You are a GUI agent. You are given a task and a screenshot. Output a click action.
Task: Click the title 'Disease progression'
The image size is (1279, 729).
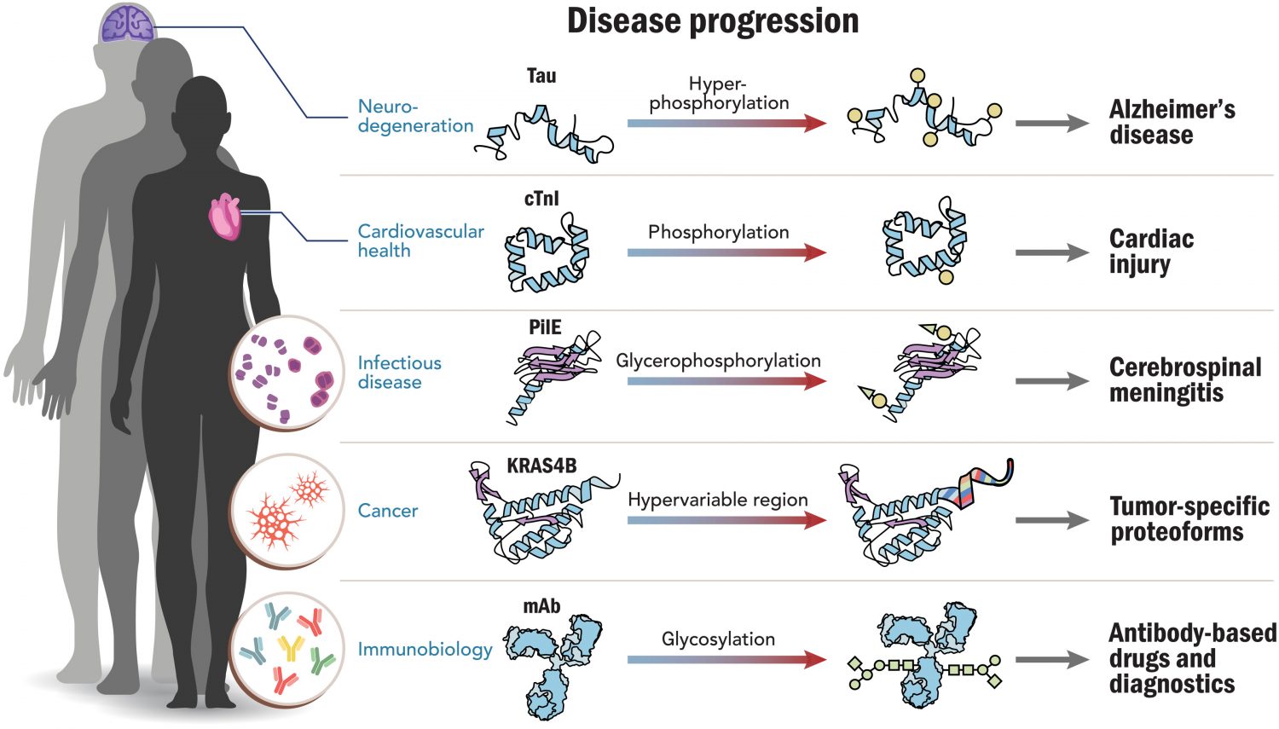[x=713, y=21]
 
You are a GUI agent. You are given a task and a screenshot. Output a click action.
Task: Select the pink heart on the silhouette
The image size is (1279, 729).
[x=225, y=216]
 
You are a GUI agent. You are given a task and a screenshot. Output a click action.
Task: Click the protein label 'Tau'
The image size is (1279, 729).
[x=541, y=76]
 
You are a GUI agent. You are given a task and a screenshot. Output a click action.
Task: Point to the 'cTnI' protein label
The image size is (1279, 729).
[x=541, y=199]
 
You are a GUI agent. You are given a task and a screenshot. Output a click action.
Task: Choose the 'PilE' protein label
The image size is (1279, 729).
[x=545, y=327]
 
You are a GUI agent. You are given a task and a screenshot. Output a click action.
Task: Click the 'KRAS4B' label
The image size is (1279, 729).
[x=541, y=466]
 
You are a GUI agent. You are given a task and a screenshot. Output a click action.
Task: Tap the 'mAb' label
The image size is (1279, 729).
[x=541, y=606]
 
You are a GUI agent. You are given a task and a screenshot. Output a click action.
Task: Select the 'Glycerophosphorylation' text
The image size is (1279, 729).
[x=718, y=361]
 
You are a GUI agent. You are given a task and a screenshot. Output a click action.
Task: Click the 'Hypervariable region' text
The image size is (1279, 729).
[x=718, y=500]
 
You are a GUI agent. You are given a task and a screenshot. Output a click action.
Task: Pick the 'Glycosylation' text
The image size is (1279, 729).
[x=718, y=639]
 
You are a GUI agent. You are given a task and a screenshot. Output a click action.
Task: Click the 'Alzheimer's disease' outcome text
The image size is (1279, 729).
[x=1172, y=122]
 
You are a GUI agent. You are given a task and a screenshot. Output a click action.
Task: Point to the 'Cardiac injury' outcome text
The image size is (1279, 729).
[x=1151, y=252]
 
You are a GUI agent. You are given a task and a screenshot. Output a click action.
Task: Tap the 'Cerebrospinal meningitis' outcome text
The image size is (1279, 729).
[x=1185, y=380]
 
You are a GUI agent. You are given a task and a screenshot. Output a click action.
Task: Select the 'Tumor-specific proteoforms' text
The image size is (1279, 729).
[x=1189, y=519]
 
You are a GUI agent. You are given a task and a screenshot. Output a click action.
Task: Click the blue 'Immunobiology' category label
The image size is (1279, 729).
[x=425, y=650]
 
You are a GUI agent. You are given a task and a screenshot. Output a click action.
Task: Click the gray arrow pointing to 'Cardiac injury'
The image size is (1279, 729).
[x=1051, y=253]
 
